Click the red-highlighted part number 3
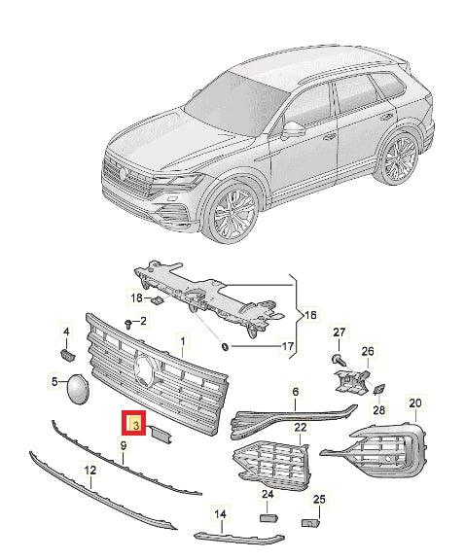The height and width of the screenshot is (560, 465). (133, 425)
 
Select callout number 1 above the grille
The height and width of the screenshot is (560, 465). (180, 342)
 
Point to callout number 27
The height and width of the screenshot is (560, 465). (340, 335)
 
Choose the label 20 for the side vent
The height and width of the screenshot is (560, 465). (415, 402)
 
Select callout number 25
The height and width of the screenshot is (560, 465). (317, 500)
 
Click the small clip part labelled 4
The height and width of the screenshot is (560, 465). (68, 356)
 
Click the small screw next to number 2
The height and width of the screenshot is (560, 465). (128, 323)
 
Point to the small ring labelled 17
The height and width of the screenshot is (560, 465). (225, 346)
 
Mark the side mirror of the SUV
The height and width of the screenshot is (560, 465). (293, 128)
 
